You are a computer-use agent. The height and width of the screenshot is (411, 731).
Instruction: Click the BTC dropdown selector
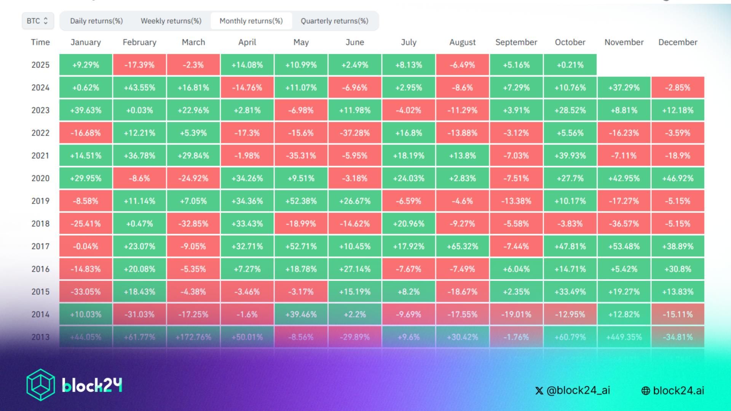click(x=37, y=21)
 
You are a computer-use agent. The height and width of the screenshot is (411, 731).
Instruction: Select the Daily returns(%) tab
click(x=96, y=21)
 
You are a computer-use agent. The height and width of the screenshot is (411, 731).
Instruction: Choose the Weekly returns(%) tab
click(x=171, y=21)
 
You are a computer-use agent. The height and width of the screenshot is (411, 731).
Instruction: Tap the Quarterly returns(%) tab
click(x=334, y=21)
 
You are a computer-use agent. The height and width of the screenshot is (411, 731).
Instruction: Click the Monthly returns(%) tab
click(x=251, y=21)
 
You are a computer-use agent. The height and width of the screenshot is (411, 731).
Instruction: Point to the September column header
click(x=516, y=42)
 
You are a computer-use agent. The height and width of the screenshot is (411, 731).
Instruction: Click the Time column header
click(x=40, y=42)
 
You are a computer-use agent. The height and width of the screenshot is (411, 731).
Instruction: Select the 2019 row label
click(x=40, y=201)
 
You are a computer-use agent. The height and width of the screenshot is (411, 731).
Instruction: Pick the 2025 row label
click(x=40, y=65)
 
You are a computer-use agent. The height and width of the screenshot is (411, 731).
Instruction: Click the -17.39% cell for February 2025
click(x=139, y=65)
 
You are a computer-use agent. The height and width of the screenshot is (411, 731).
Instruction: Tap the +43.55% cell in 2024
click(x=139, y=88)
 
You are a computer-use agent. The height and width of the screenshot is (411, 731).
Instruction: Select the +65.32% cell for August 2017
click(x=462, y=246)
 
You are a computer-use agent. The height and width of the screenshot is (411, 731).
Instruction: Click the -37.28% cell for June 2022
click(x=354, y=133)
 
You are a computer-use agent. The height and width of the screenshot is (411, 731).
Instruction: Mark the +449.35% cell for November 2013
click(x=624, y=337)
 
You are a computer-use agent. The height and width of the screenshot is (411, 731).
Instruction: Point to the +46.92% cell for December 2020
click(x=678, y=178)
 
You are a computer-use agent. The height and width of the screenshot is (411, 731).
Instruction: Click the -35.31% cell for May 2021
click(x=301, y=156)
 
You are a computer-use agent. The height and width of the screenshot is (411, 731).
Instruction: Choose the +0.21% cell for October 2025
click(x=570, y=65)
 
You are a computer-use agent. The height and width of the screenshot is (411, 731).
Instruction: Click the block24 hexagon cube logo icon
click(x=40, y=385)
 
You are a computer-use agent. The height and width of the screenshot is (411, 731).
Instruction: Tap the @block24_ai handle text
click(x=578, y=390)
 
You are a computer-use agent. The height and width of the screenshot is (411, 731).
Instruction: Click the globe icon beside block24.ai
click(x=646, y=391)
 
